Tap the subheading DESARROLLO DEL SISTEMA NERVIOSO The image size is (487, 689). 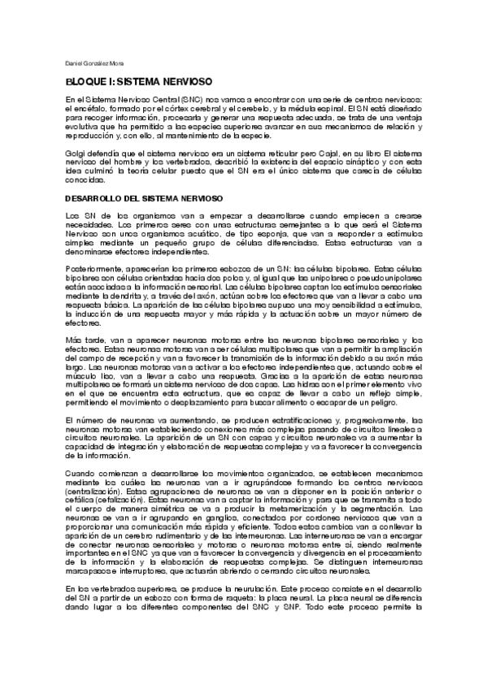[144, 198]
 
